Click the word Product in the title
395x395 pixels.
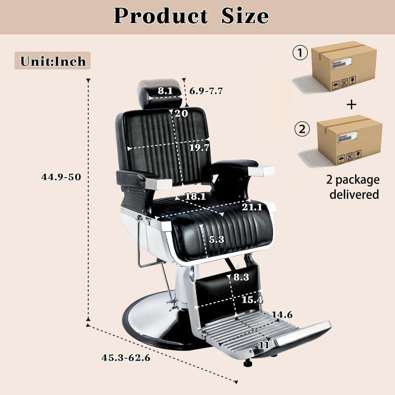(x=161, y=16)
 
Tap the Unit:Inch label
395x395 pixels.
(x=52, y=61)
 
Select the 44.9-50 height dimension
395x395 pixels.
(x=61, y=177)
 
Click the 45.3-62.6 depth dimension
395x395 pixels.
(x=126, y=358)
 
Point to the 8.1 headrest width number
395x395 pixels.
(x=165, y=91)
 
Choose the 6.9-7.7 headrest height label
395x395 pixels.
(x=206, y=91)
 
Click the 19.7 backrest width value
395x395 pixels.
(x=199, y=147)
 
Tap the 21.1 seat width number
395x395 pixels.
(x=252, y=207)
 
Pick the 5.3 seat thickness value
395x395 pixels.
(x=216, y=239)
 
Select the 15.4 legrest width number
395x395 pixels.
(x=252, y=299)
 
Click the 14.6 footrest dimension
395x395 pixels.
(x=282, y=315)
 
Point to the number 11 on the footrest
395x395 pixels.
(x=264, y=345)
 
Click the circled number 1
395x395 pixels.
(x=300, y=53)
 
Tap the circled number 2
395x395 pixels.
(x=302, y=129)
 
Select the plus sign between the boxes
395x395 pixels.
(x=351, y=104)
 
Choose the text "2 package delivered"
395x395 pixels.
(x=353, y=187)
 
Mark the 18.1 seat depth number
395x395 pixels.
(x=195, y=196)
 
